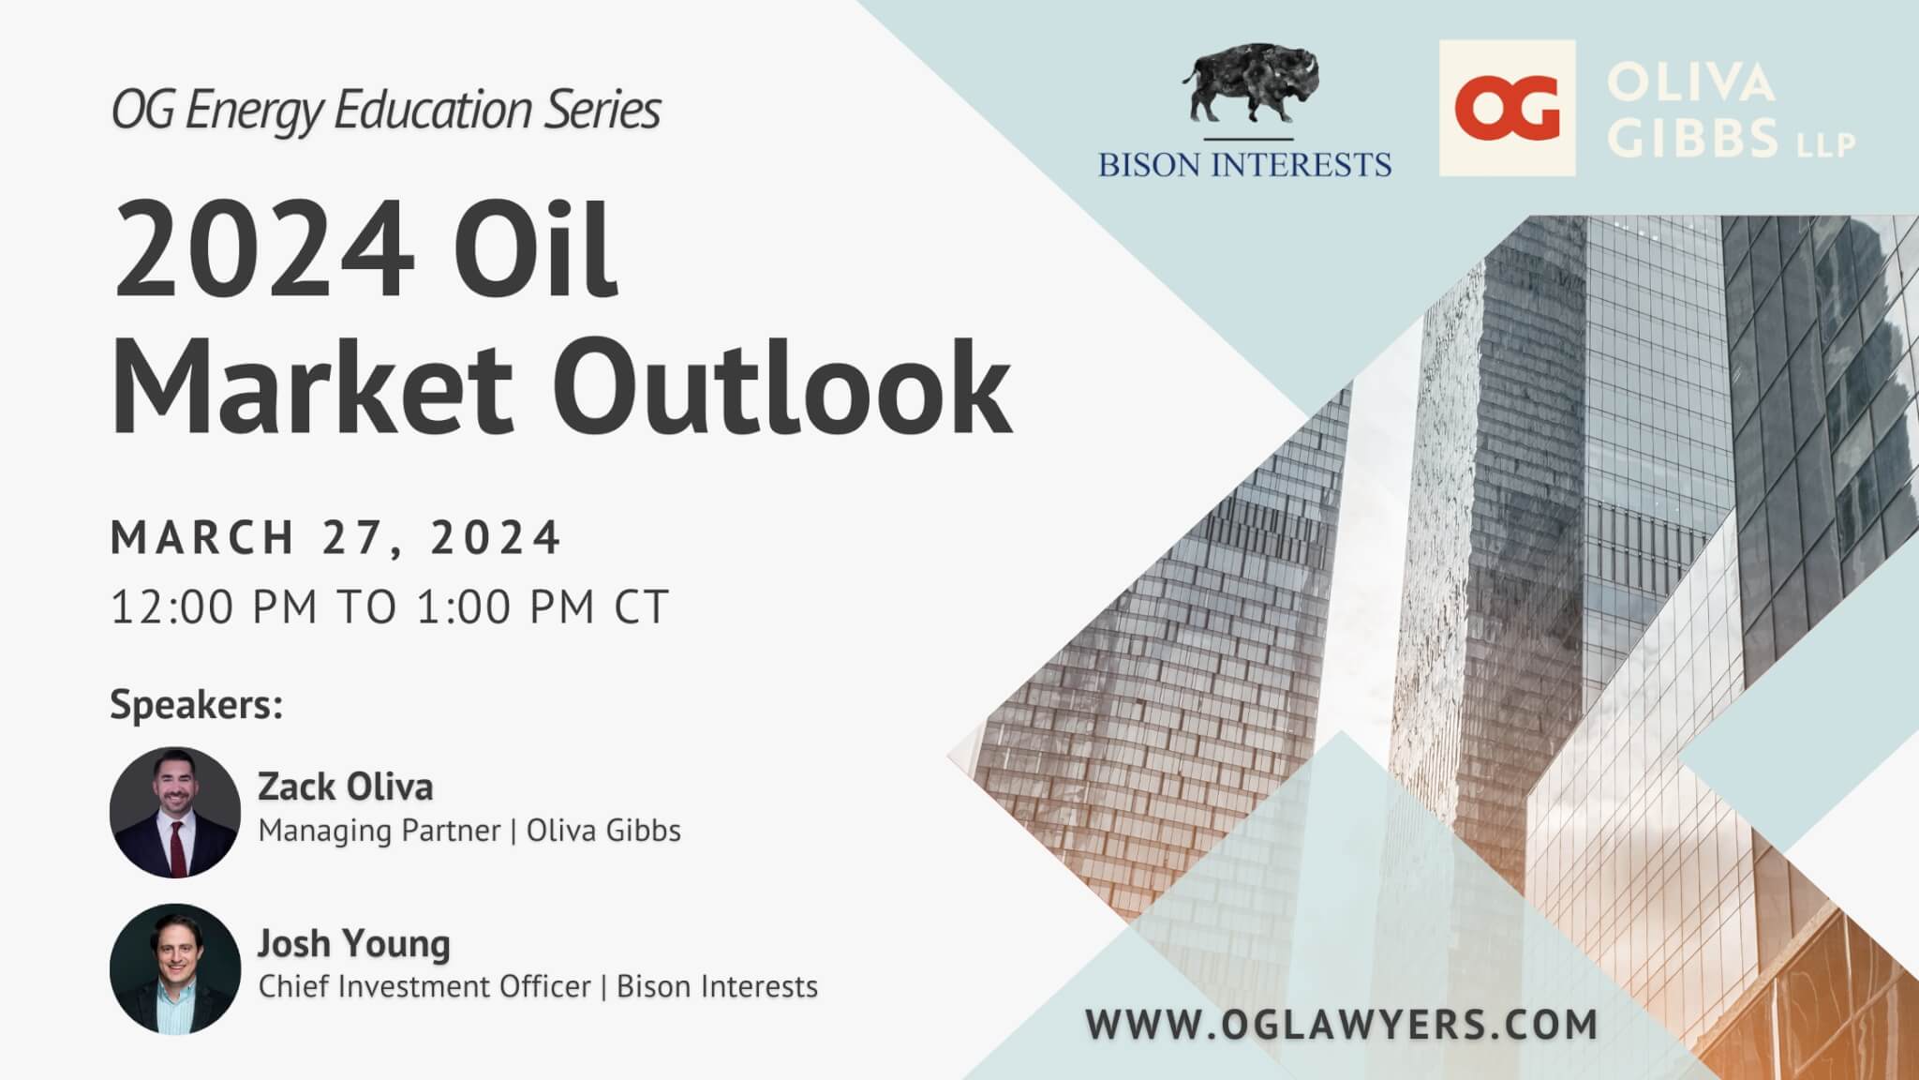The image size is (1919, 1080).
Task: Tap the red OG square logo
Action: click(1507, 108)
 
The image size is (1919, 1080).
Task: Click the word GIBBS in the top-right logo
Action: click(1697, 138)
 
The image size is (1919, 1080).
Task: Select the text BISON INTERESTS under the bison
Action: click(1245, 164)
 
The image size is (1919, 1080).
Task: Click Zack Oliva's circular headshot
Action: click(175, 812)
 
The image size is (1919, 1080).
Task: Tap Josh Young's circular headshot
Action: click(175, 968)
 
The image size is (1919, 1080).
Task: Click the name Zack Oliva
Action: click(346, 787)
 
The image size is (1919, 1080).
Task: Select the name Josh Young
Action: click(354, 944)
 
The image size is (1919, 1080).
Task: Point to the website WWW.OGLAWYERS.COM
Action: click(1342, 1024)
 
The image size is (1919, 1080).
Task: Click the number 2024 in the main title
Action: click(263, 250)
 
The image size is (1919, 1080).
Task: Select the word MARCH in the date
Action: click(203, 538)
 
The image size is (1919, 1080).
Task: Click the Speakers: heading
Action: click(197, 705)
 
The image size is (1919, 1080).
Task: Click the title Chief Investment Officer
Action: click(424, 986)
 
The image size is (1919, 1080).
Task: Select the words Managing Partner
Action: click(379, 831)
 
